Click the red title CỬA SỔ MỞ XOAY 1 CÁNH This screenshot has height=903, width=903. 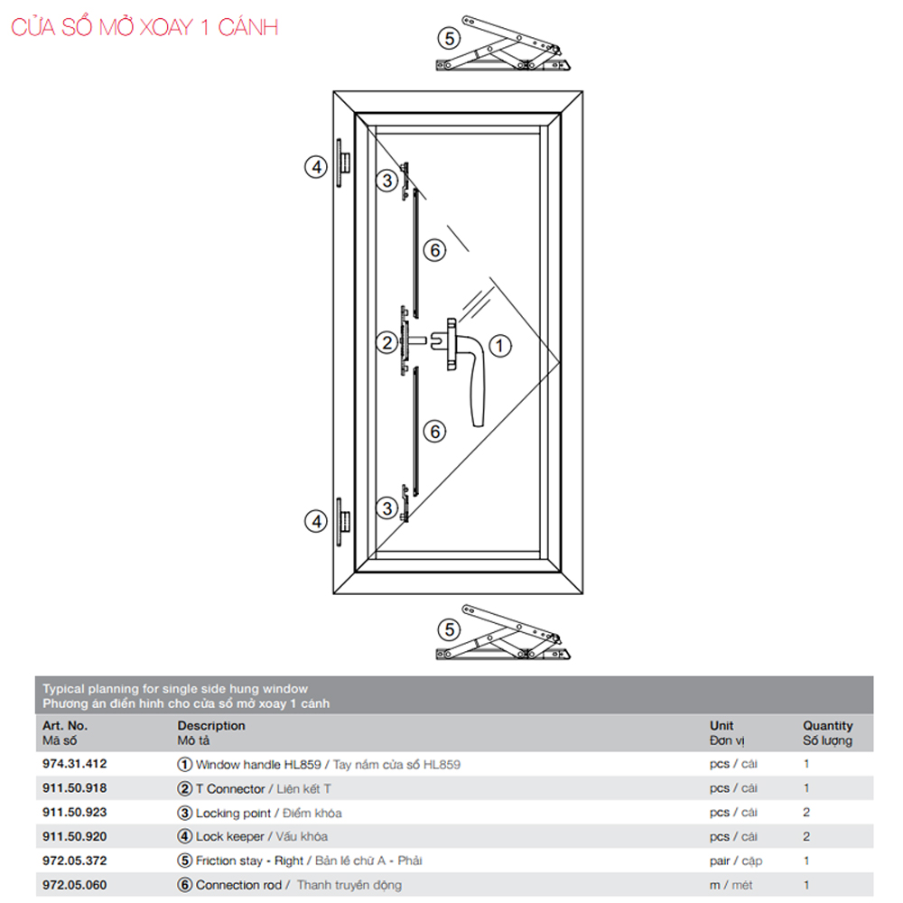(144, 27)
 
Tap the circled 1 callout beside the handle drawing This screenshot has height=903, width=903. (500, 346)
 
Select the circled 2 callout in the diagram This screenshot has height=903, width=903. (387, 342)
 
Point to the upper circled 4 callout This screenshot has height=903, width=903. (315, 167)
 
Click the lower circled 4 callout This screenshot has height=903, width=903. (315, 521)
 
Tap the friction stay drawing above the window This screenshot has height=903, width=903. (503, 44)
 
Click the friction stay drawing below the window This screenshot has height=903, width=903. (503, 632)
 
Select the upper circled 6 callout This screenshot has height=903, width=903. (435, 250)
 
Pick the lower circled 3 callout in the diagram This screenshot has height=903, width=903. (387, 507)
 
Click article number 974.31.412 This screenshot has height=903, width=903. (75, 764)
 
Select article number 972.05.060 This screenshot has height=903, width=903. (75, 885)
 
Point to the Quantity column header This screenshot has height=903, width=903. (827, 733)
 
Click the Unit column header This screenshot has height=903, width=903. (727, 733)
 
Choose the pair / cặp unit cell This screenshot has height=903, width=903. (735, 861)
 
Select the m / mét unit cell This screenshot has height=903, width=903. (731, 885)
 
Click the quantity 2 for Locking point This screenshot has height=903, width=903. (806, 812)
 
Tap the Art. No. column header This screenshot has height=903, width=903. (64, 733)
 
